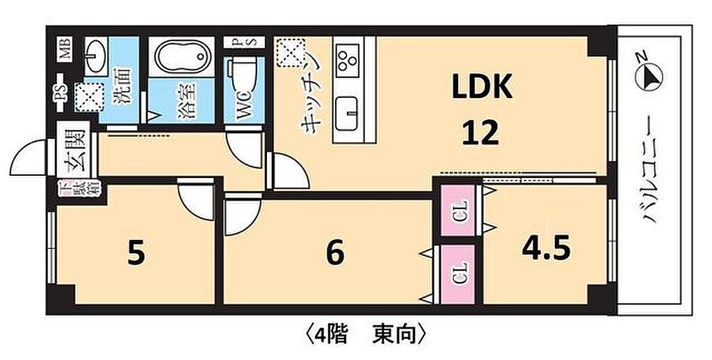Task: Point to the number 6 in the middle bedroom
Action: click(x=335, y=254)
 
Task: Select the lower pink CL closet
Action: click(x=459, y=274)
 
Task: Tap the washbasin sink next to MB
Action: click(x=96, y=53)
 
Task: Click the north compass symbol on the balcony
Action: click(x=651, y=75)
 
